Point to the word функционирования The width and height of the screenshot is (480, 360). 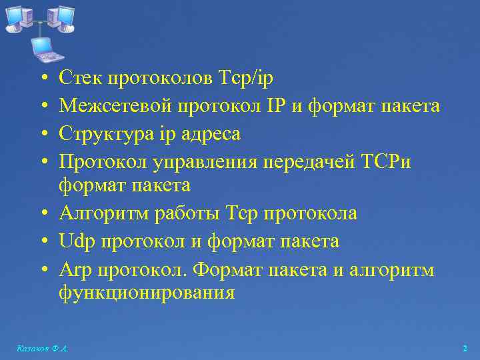tap(147, 293)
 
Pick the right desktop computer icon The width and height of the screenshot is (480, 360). tap(62, 19)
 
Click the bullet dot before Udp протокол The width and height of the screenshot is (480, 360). tap(41, 241)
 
